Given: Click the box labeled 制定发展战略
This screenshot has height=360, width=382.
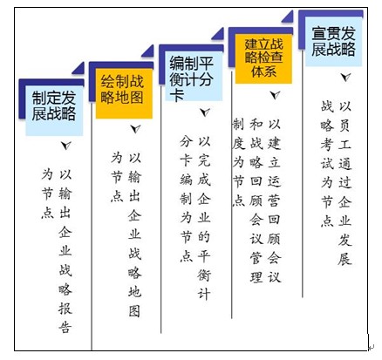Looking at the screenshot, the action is pyautogui.click(x=54, y=111).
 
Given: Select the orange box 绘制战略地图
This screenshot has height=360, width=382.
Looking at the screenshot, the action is pyautogui.click(x=124, y=93).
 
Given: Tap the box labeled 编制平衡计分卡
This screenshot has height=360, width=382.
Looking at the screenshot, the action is pyautogui.click(x=194, y=76).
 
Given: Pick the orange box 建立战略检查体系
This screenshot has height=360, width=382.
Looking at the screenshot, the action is pyautogui.click(x=263, y=59).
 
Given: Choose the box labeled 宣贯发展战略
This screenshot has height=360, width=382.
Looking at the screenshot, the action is pyautogui.click(x=333, y=42).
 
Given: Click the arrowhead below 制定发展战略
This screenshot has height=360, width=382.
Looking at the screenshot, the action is pyautogui.click(x=66, y=145).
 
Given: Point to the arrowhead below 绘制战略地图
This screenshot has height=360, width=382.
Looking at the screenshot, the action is pyautogui.click(x=135, y=128).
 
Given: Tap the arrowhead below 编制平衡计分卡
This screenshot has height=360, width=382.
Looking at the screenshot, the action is pyautogui.click(x=205, y=112).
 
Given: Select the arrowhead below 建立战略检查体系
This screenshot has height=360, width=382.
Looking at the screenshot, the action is pyautogui.click(x=275, y=94).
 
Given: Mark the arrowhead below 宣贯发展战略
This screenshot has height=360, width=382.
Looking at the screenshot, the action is pyautogui.click(x=345, y=77).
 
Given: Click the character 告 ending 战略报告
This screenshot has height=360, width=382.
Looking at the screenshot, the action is pyautogui.click(x=65, y=328).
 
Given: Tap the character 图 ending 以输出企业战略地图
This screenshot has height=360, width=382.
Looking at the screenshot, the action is pyautogui.click(x=134, y=310).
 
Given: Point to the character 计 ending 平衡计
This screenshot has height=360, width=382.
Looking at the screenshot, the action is pyautogui.click(x=204, y=294).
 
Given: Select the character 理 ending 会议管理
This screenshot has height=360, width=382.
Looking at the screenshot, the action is pyautogui.click(x=256, y=276).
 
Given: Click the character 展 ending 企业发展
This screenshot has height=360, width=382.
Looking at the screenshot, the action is pyautogui.click(x=344, y=259).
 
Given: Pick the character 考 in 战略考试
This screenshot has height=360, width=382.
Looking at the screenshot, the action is pyautogui.click(x=327, y=145).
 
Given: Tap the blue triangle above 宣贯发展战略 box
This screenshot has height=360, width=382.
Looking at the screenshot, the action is pyautogui.click(x=288, y=17).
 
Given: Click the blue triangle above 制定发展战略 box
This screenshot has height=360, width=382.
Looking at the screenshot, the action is pyautogui.click(x=78, y=68).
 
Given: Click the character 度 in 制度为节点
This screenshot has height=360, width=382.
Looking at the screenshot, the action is pyautogui.click(x=238, y=143).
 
